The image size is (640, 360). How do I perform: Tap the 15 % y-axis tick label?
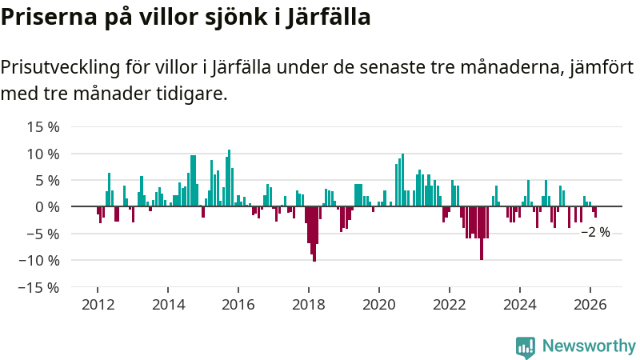44,126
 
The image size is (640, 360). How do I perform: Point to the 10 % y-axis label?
44,154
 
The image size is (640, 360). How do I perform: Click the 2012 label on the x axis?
98,304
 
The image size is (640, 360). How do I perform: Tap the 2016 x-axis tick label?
238,304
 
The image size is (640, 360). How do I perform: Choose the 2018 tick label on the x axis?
309,304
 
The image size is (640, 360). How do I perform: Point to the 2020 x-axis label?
379,304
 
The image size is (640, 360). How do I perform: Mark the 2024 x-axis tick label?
520,304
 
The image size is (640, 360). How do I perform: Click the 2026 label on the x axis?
590,304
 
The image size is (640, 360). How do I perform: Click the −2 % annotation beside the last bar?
595,232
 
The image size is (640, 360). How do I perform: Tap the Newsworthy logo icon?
526,346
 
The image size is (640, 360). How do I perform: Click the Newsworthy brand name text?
589,346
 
